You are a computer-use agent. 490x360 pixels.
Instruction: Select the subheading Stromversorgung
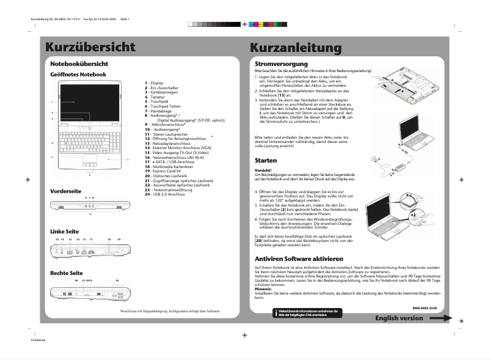pos(281,64)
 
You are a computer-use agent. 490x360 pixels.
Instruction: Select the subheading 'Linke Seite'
pos(64,232)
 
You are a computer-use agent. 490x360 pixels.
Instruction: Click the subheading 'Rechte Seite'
pos(66,273)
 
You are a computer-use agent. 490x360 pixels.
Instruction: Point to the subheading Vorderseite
pos(65,191)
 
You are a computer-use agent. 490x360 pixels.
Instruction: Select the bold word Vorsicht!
pos(263,170)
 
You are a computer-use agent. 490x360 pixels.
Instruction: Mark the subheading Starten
pos(266,160)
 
